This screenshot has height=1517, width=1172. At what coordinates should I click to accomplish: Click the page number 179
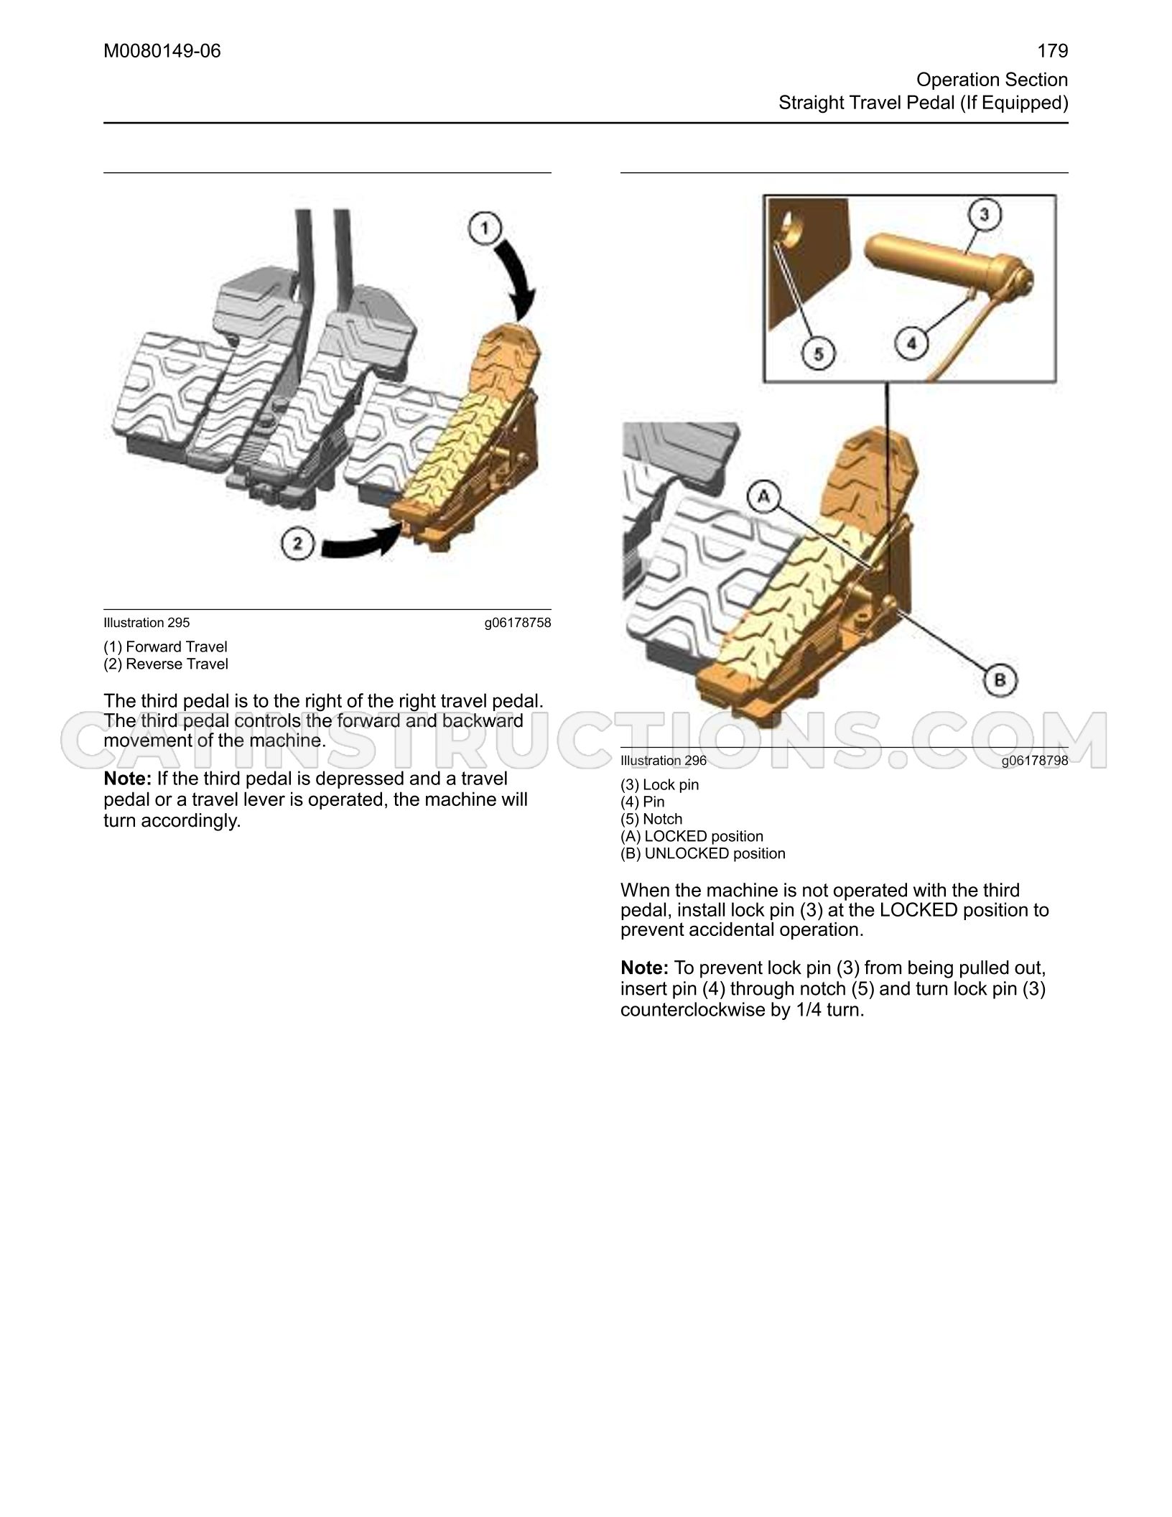click(x=1053, y=51)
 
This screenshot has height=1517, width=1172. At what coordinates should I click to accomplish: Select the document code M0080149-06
click(x=162, y=51)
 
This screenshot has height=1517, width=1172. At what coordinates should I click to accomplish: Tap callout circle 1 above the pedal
click(x=485, y=229)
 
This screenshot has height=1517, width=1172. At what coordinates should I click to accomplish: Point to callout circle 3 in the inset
click(x=985, y=214)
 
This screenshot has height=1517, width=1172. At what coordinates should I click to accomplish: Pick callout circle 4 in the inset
click(x=911, y=343)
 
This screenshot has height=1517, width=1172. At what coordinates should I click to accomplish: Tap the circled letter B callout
click(x=999, y=679)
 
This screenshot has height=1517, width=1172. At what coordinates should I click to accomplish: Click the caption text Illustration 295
click(x=146, y=623)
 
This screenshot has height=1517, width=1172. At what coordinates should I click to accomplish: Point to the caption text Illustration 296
click(x=664, y=761)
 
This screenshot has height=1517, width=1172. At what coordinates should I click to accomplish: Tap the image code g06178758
click(x=518, y=623)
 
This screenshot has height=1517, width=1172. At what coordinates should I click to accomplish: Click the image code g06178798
click(x=1035, y=761)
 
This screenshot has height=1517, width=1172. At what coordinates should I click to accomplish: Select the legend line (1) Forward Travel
click(x=165, y=646)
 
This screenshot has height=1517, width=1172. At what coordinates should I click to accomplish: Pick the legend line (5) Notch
click(x=651, y=819)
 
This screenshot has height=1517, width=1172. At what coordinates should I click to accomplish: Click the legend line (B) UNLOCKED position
click(x=703, y=853)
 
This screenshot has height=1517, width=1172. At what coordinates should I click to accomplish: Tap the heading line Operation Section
click(x=992, y=80)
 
